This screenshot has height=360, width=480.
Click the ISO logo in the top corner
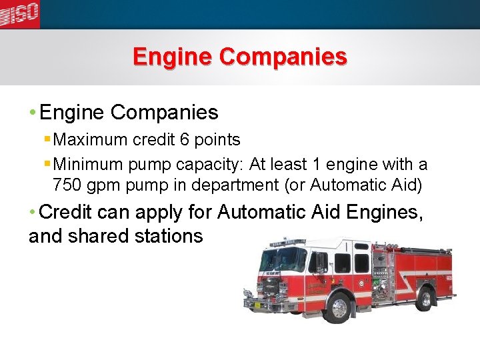coord(19,13)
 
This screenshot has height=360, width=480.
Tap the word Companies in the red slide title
coord(283,56)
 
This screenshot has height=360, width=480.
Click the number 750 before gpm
coord(67,185)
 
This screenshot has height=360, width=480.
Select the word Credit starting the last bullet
coord(66,212)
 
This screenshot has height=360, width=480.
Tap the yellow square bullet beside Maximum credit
coord(47,139)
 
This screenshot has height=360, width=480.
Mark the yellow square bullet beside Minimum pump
coord(47,163)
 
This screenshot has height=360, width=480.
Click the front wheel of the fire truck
coord(339,307)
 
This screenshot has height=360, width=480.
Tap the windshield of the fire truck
coord(283,259)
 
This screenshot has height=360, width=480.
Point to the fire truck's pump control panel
coord(382,273)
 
